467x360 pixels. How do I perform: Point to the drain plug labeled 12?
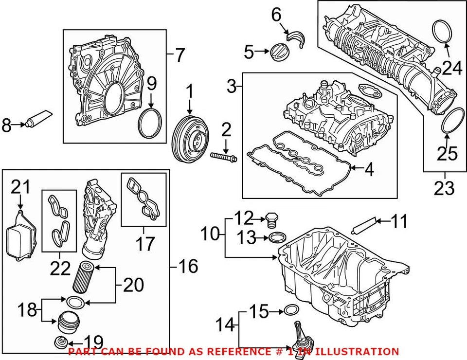pyautogui.click(x=272, y=220)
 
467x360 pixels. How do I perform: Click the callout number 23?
pyautogui.click(x=444, y=188)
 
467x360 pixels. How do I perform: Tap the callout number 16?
pyautogui.click(x=188, y=266)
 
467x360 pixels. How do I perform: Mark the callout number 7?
pyautogui.click(x=180, y=55)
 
